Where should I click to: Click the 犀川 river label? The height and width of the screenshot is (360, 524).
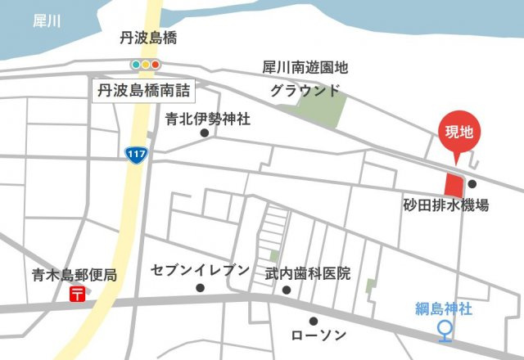(47, 21)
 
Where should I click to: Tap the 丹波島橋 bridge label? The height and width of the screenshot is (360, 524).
(148, 38)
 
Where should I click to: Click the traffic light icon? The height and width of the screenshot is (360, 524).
(147, 64)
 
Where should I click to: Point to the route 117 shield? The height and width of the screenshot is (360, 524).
(136, 153)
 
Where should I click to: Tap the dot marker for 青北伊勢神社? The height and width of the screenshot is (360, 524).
(205, 133)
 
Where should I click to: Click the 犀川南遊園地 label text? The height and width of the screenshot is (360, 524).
(305, 67)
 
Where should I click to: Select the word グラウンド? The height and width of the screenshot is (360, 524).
(304, 90)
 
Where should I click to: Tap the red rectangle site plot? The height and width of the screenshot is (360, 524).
(453, 184)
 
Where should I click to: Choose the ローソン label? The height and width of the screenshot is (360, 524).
(319, 335)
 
